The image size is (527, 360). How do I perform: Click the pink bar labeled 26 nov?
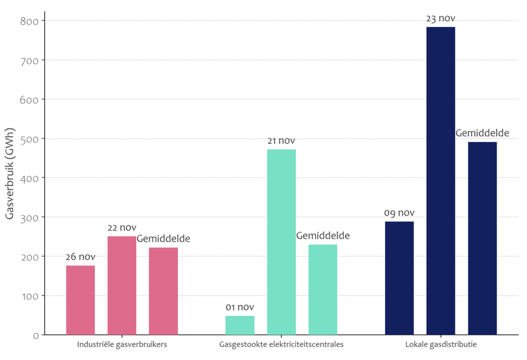[x=81, y=300]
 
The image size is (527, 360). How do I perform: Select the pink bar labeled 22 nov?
[x=122, y=285]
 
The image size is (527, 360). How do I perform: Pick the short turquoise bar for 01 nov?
[x=240, y=325]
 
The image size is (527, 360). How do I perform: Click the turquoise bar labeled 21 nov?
[x=281, y=242]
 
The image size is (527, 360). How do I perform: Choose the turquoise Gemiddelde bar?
[x=323, y=290]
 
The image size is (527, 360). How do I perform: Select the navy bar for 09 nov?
[x=399, y=278]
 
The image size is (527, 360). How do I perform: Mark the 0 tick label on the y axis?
[x=36, y=336]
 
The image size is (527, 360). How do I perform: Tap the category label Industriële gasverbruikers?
[x=122, y=345]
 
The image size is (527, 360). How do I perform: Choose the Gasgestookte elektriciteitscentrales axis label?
[x=281, y=345]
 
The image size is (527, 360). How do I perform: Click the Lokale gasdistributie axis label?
[x=441, y=345]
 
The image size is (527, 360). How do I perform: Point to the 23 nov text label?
[x=440, y=19]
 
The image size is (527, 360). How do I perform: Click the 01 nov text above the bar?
[x=240, y=307]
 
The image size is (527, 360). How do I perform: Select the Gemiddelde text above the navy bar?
[x=482, y=133]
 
